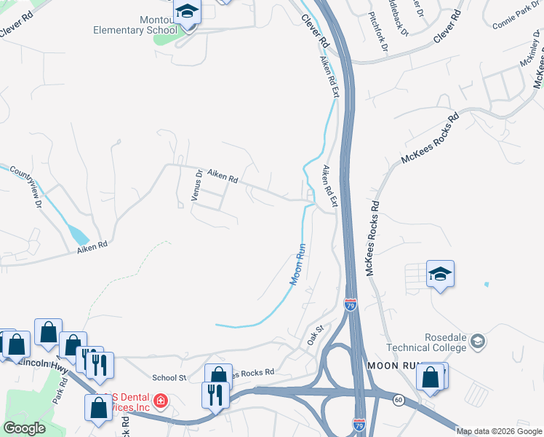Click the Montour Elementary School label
[135, 25]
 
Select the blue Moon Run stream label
[299, 264]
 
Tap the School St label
[169, 377]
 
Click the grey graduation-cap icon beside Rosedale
[478, 341]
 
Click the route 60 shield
[399, 399]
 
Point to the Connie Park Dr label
[517, 18]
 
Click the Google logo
[24, 428]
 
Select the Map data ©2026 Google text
[498, 431]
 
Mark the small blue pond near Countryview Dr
[78, 233]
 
